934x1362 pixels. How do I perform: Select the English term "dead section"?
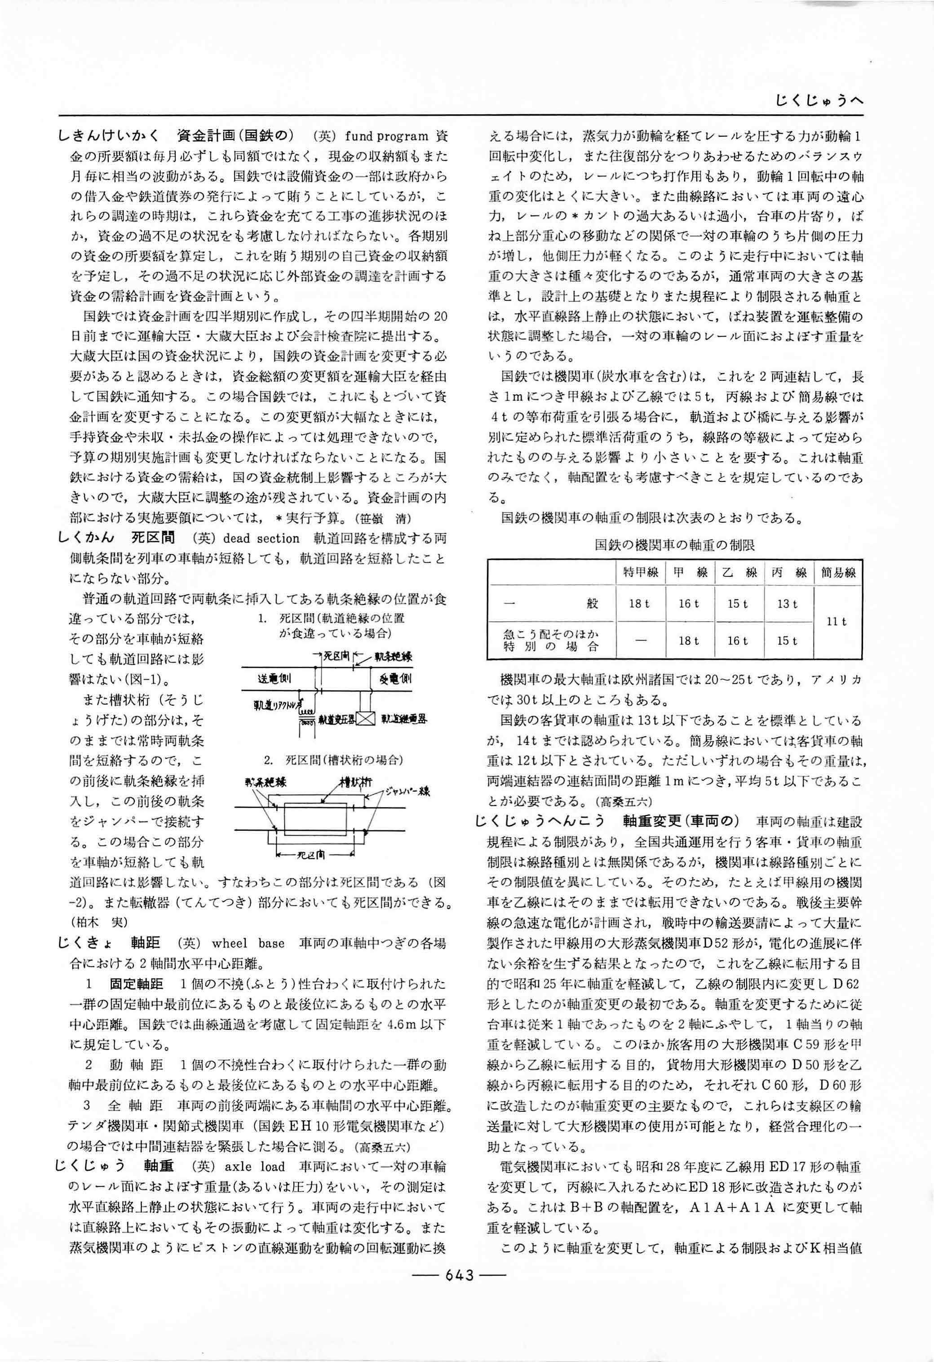[x=261, y=539]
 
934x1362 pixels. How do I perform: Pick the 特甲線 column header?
[x=641, y=573]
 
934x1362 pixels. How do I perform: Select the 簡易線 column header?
[x=838, y=573]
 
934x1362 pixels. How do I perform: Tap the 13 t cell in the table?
[x=787, y=604]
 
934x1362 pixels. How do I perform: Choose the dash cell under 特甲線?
[x=640, y=641]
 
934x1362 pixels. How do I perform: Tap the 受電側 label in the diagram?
[x=395, y=679]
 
